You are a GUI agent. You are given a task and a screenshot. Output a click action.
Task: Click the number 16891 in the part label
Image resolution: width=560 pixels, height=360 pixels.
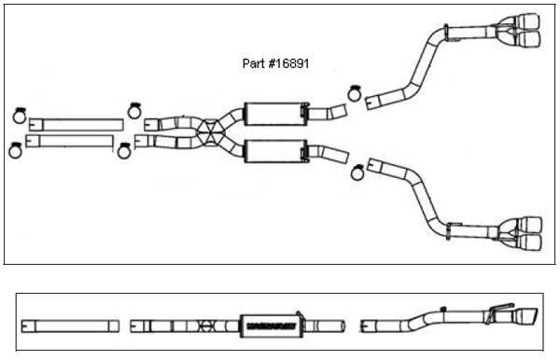point(290,66)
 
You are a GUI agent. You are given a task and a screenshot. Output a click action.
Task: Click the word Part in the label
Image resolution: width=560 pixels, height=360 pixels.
point(251,66)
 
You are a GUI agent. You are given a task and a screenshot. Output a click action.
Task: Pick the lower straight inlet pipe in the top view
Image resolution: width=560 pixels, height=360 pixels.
point(75,142)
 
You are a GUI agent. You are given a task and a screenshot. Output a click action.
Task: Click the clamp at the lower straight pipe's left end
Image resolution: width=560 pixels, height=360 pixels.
point(16,149)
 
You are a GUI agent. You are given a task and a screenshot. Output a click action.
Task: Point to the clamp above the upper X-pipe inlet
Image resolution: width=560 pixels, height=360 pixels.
point(133,110)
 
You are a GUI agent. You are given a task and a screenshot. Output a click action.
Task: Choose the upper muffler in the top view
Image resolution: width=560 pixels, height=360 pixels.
point(274,115)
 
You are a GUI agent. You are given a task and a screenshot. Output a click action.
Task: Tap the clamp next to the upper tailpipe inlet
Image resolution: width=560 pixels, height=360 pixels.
point(355,92)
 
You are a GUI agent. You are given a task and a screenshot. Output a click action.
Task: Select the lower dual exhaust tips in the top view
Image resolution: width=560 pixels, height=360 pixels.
point(520,233)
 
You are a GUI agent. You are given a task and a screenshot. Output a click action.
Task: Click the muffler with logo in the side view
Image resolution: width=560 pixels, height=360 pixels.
point(274,325)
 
